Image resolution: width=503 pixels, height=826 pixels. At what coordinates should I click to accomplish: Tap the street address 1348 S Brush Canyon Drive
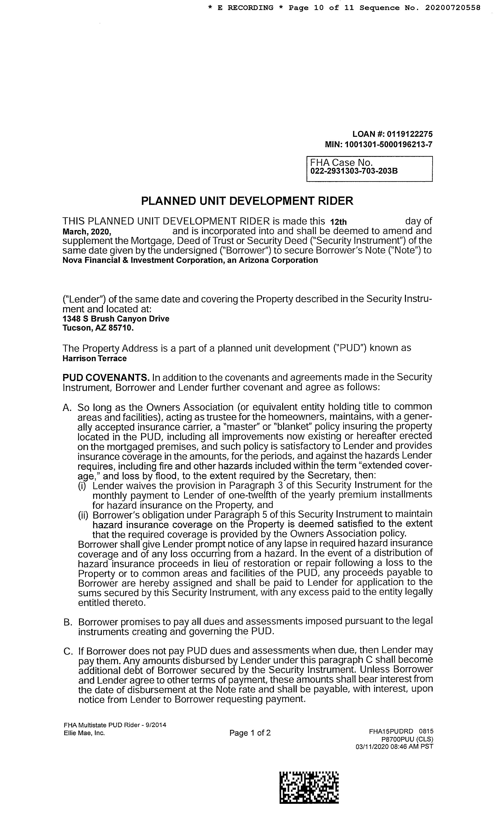(116, 318)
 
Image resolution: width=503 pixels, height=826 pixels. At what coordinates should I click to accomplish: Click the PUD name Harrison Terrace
(95, 358)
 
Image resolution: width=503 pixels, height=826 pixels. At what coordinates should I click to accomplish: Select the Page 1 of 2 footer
(250, 733)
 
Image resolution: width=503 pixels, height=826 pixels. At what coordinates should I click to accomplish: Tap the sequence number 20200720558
(453, 8)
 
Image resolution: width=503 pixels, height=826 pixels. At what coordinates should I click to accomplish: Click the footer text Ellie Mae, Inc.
(84, 733)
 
